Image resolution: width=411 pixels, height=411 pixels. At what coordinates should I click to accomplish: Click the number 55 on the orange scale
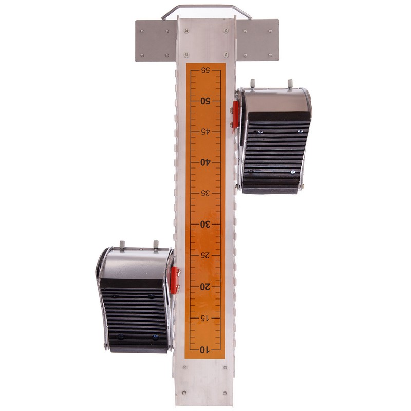click(x=206, y=70)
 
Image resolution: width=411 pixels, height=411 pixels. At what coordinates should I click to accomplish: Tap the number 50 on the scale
click(x=206, y=101)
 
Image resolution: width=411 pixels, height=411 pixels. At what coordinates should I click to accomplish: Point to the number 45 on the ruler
click(x=206, y=132)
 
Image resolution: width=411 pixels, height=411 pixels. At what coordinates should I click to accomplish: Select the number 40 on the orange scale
click(x=206, y=162)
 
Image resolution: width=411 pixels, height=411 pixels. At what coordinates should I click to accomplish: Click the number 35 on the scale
click(x=206, y=194)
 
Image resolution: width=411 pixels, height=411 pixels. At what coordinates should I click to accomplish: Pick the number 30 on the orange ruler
click(x=206, y=225)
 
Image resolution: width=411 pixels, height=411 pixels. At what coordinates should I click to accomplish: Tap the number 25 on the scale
click(x=206, y=255)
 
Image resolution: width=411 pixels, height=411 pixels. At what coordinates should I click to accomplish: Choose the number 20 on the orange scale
click(x=206, y=287)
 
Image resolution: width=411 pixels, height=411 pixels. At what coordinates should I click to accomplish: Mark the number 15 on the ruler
click(x=206, y=318)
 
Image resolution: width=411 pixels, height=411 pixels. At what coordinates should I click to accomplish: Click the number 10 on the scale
click(x=205, y=350)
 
